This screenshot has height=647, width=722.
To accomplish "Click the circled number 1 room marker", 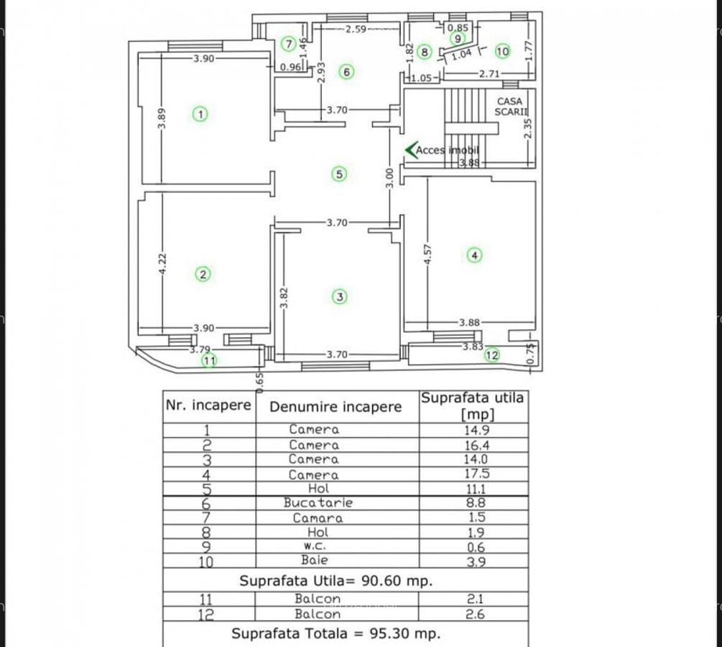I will (200, 114).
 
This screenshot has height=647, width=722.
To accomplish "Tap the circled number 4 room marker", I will (474, 254).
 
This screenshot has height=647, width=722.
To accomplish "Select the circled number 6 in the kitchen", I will (346, 72).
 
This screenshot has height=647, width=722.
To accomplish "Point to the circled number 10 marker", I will (502, 51).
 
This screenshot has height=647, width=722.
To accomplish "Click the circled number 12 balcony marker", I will (492, 354).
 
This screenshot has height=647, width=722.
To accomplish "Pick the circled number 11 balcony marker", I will (209, 361).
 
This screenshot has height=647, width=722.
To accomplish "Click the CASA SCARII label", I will (511, 106).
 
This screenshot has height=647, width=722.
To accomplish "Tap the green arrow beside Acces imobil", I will (411, 150).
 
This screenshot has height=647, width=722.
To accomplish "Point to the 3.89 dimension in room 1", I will (162, 119).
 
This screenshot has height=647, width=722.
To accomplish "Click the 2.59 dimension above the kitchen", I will (356, 29).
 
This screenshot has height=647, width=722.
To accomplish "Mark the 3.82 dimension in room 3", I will (284, 298).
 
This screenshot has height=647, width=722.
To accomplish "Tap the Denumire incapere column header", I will (335, 407).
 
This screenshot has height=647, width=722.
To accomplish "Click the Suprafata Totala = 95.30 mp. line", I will (335, 633).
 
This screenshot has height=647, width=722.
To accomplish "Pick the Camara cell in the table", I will (318, 518).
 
